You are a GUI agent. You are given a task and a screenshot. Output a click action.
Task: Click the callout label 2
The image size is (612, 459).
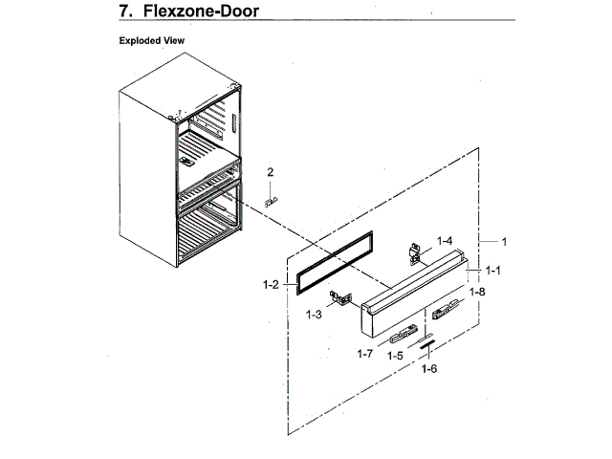click(271, 172)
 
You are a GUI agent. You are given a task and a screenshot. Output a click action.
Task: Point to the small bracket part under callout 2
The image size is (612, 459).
click(272, 201)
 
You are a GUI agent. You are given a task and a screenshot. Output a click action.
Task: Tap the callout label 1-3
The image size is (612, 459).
click(315, 314)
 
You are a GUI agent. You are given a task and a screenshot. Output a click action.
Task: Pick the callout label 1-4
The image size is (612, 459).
click(445, 240)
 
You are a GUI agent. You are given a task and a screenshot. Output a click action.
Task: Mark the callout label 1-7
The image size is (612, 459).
click(363, 354)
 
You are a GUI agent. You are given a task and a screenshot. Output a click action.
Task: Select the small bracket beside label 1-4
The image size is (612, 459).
click(415, 251)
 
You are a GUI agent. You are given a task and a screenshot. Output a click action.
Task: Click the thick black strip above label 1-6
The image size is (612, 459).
click(426, 339)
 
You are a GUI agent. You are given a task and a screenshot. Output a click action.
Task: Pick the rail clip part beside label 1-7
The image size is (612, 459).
click(402, 334)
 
